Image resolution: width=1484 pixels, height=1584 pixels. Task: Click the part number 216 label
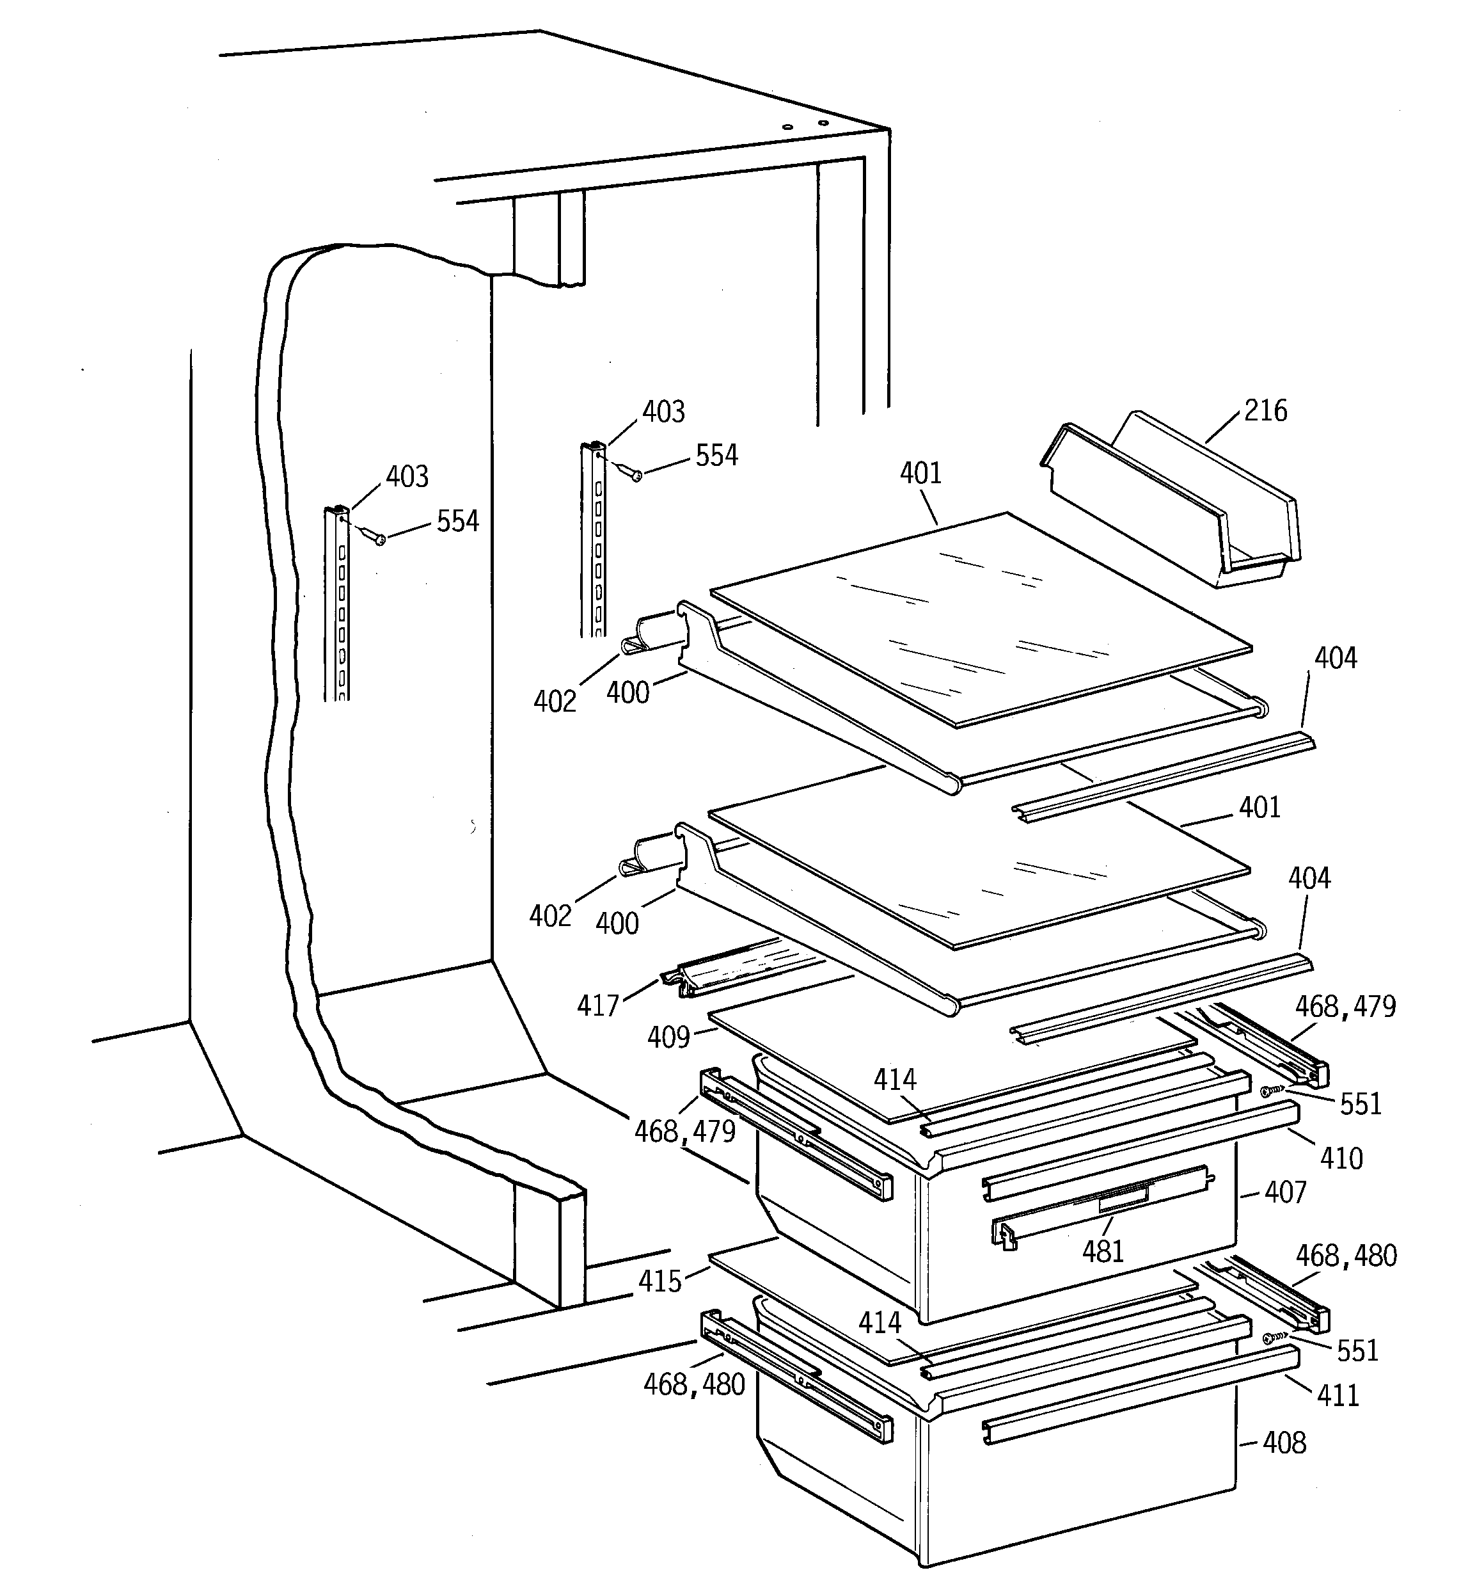point(1265,410)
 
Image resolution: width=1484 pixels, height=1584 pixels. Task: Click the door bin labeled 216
point(1171,502)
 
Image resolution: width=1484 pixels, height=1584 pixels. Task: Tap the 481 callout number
point(1102,1252)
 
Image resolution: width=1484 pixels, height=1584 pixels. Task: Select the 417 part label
point(597,1005)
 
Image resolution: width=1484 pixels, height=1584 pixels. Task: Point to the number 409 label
point(668,1037)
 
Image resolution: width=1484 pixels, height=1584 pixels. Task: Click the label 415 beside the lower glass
point(659,1281)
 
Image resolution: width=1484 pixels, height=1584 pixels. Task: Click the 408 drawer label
point(1284,1442)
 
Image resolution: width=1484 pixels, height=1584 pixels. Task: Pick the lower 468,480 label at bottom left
point(694,1384)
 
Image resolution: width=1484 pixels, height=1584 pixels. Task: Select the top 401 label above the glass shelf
point(921,474)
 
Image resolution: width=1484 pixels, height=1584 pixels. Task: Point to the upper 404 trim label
point(1335,657)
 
